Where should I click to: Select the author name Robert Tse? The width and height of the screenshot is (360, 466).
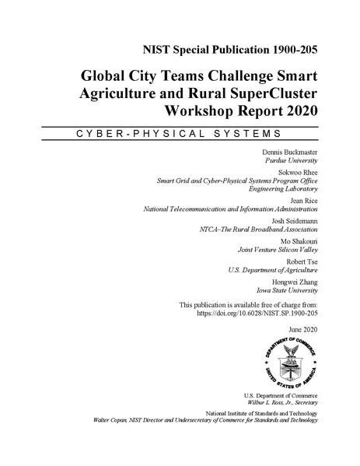(x=299, y=261)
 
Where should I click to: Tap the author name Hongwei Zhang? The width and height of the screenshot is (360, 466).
(x=295, y=281)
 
